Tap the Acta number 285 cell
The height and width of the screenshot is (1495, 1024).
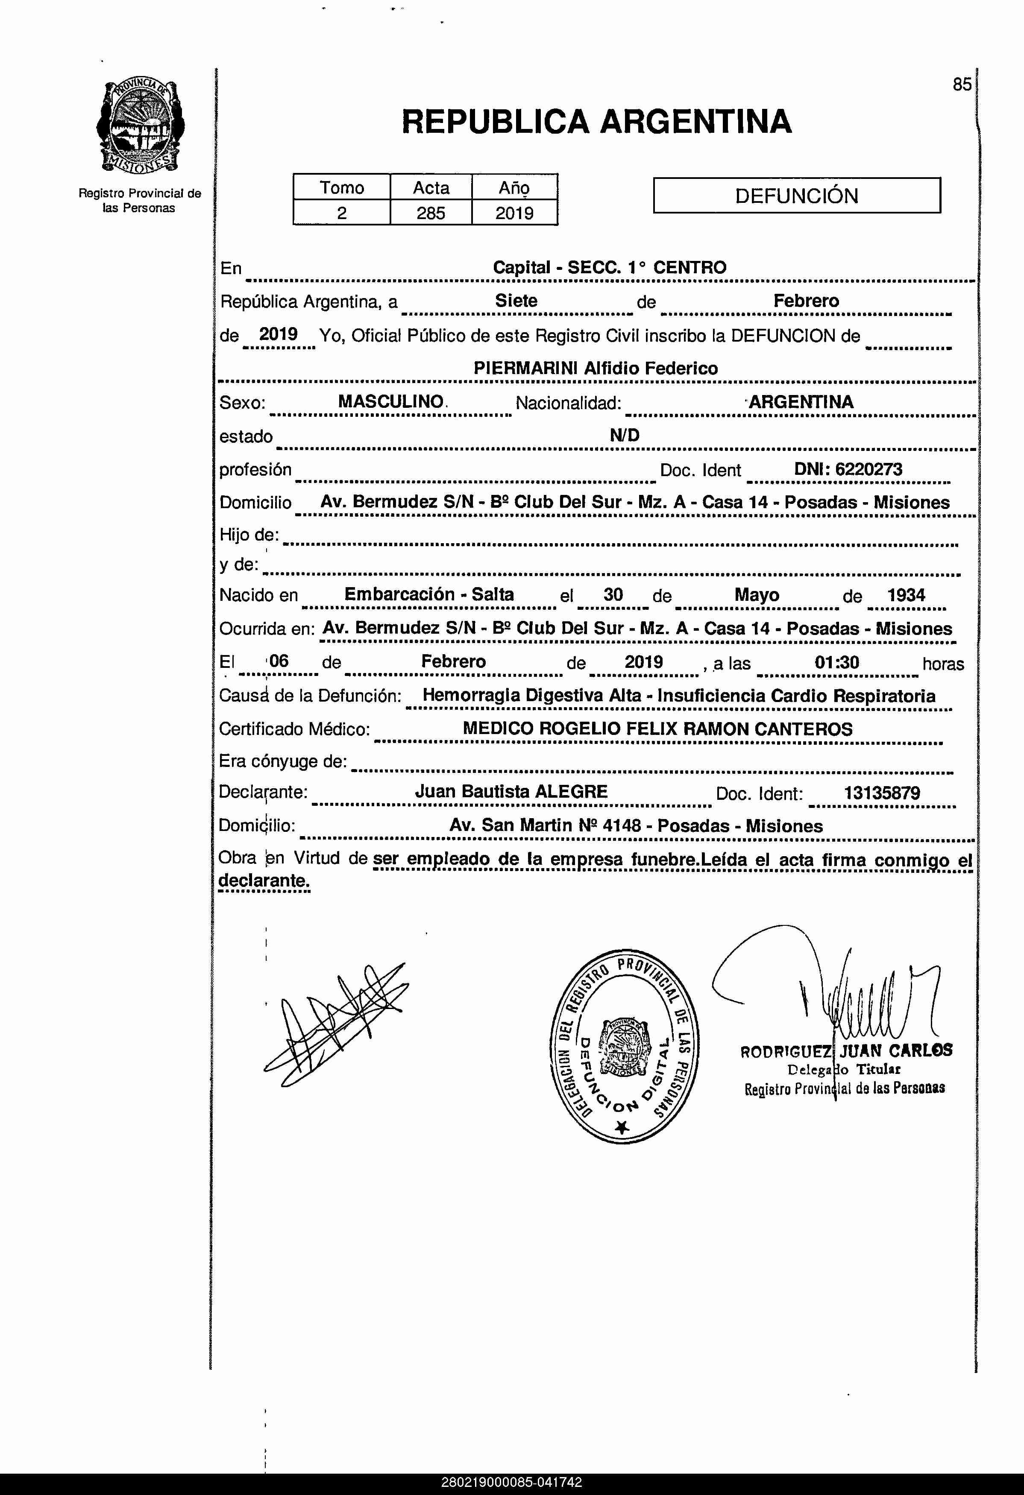431,213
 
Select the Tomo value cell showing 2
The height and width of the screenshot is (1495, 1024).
342,213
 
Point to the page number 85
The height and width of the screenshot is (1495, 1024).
962,84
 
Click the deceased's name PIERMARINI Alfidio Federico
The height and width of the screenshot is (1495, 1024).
596,369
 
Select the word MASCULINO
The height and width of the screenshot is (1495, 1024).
391,402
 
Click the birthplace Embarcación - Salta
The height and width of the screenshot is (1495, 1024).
429,594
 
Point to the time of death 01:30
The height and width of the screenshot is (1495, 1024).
837,663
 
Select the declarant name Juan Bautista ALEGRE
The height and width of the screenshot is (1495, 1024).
511,792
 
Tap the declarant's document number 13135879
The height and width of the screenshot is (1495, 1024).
882,793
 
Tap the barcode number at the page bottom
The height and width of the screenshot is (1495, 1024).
512,1483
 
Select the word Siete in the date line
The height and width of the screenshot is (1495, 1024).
516,301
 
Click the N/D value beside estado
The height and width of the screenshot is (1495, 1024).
624,436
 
